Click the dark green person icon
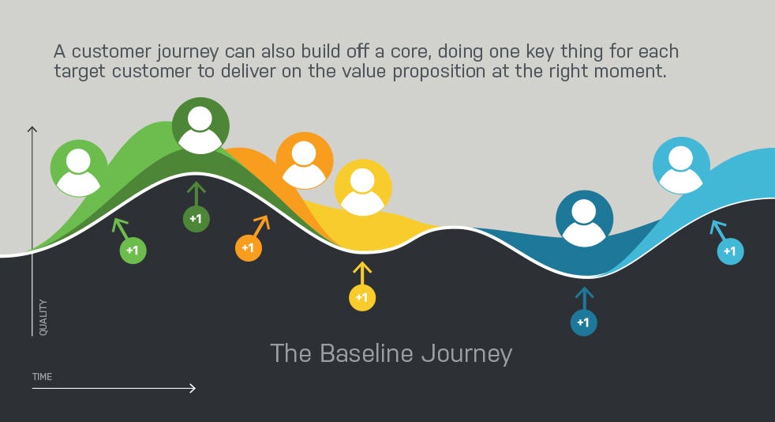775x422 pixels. click(x=200, y=126)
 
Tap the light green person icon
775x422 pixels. click(x=79, y=168)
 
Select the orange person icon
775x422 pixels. click(x=304, y=160)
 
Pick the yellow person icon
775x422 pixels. click(x=363, y=187)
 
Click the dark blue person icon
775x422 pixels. click(x=584, y=219)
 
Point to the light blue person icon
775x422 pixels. click(x=681, y=166)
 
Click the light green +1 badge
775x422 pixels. click(x=133, y=251)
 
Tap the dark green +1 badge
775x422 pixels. click(x=197, y=219)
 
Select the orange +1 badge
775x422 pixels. click(x=248, y=248)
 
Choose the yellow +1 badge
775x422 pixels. click(x=362, y=297)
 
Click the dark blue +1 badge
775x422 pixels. click(x=584, y=322)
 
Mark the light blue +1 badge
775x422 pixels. click(x=730, y=251)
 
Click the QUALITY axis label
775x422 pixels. click(x=43, y=317)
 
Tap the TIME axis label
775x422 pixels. click(x=42, y=376)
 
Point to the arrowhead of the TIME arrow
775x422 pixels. click(x=193, y=388)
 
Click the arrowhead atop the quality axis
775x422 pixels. click(x=32, y=129)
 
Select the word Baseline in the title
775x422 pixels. click(x=366, y=353)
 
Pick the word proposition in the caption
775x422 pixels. click(x=439, y=72)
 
